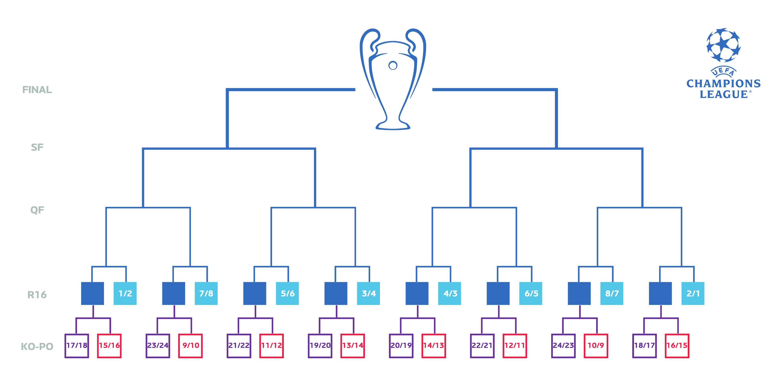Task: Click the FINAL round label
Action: (37, 90)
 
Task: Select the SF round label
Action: (37, 147)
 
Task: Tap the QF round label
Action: (37, 210)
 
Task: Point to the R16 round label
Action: (37, 295)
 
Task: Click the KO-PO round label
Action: (37, 347)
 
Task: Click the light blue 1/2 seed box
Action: (125, 293)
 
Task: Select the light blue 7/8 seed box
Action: (206, 293)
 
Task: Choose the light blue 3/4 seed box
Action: (368, 293)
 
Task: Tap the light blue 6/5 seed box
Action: (531, 293)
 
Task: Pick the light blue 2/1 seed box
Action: (693, 293)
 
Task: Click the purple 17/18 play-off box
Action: (77, 346)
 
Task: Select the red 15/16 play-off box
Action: (109, 346)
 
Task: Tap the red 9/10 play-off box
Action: (190, 346)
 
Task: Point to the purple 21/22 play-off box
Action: (239, 346)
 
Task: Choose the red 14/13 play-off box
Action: (434, 346)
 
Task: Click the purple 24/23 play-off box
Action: (563, 346)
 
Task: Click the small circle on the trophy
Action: (393, 65)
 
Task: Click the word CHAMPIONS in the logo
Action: (723, 84)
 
